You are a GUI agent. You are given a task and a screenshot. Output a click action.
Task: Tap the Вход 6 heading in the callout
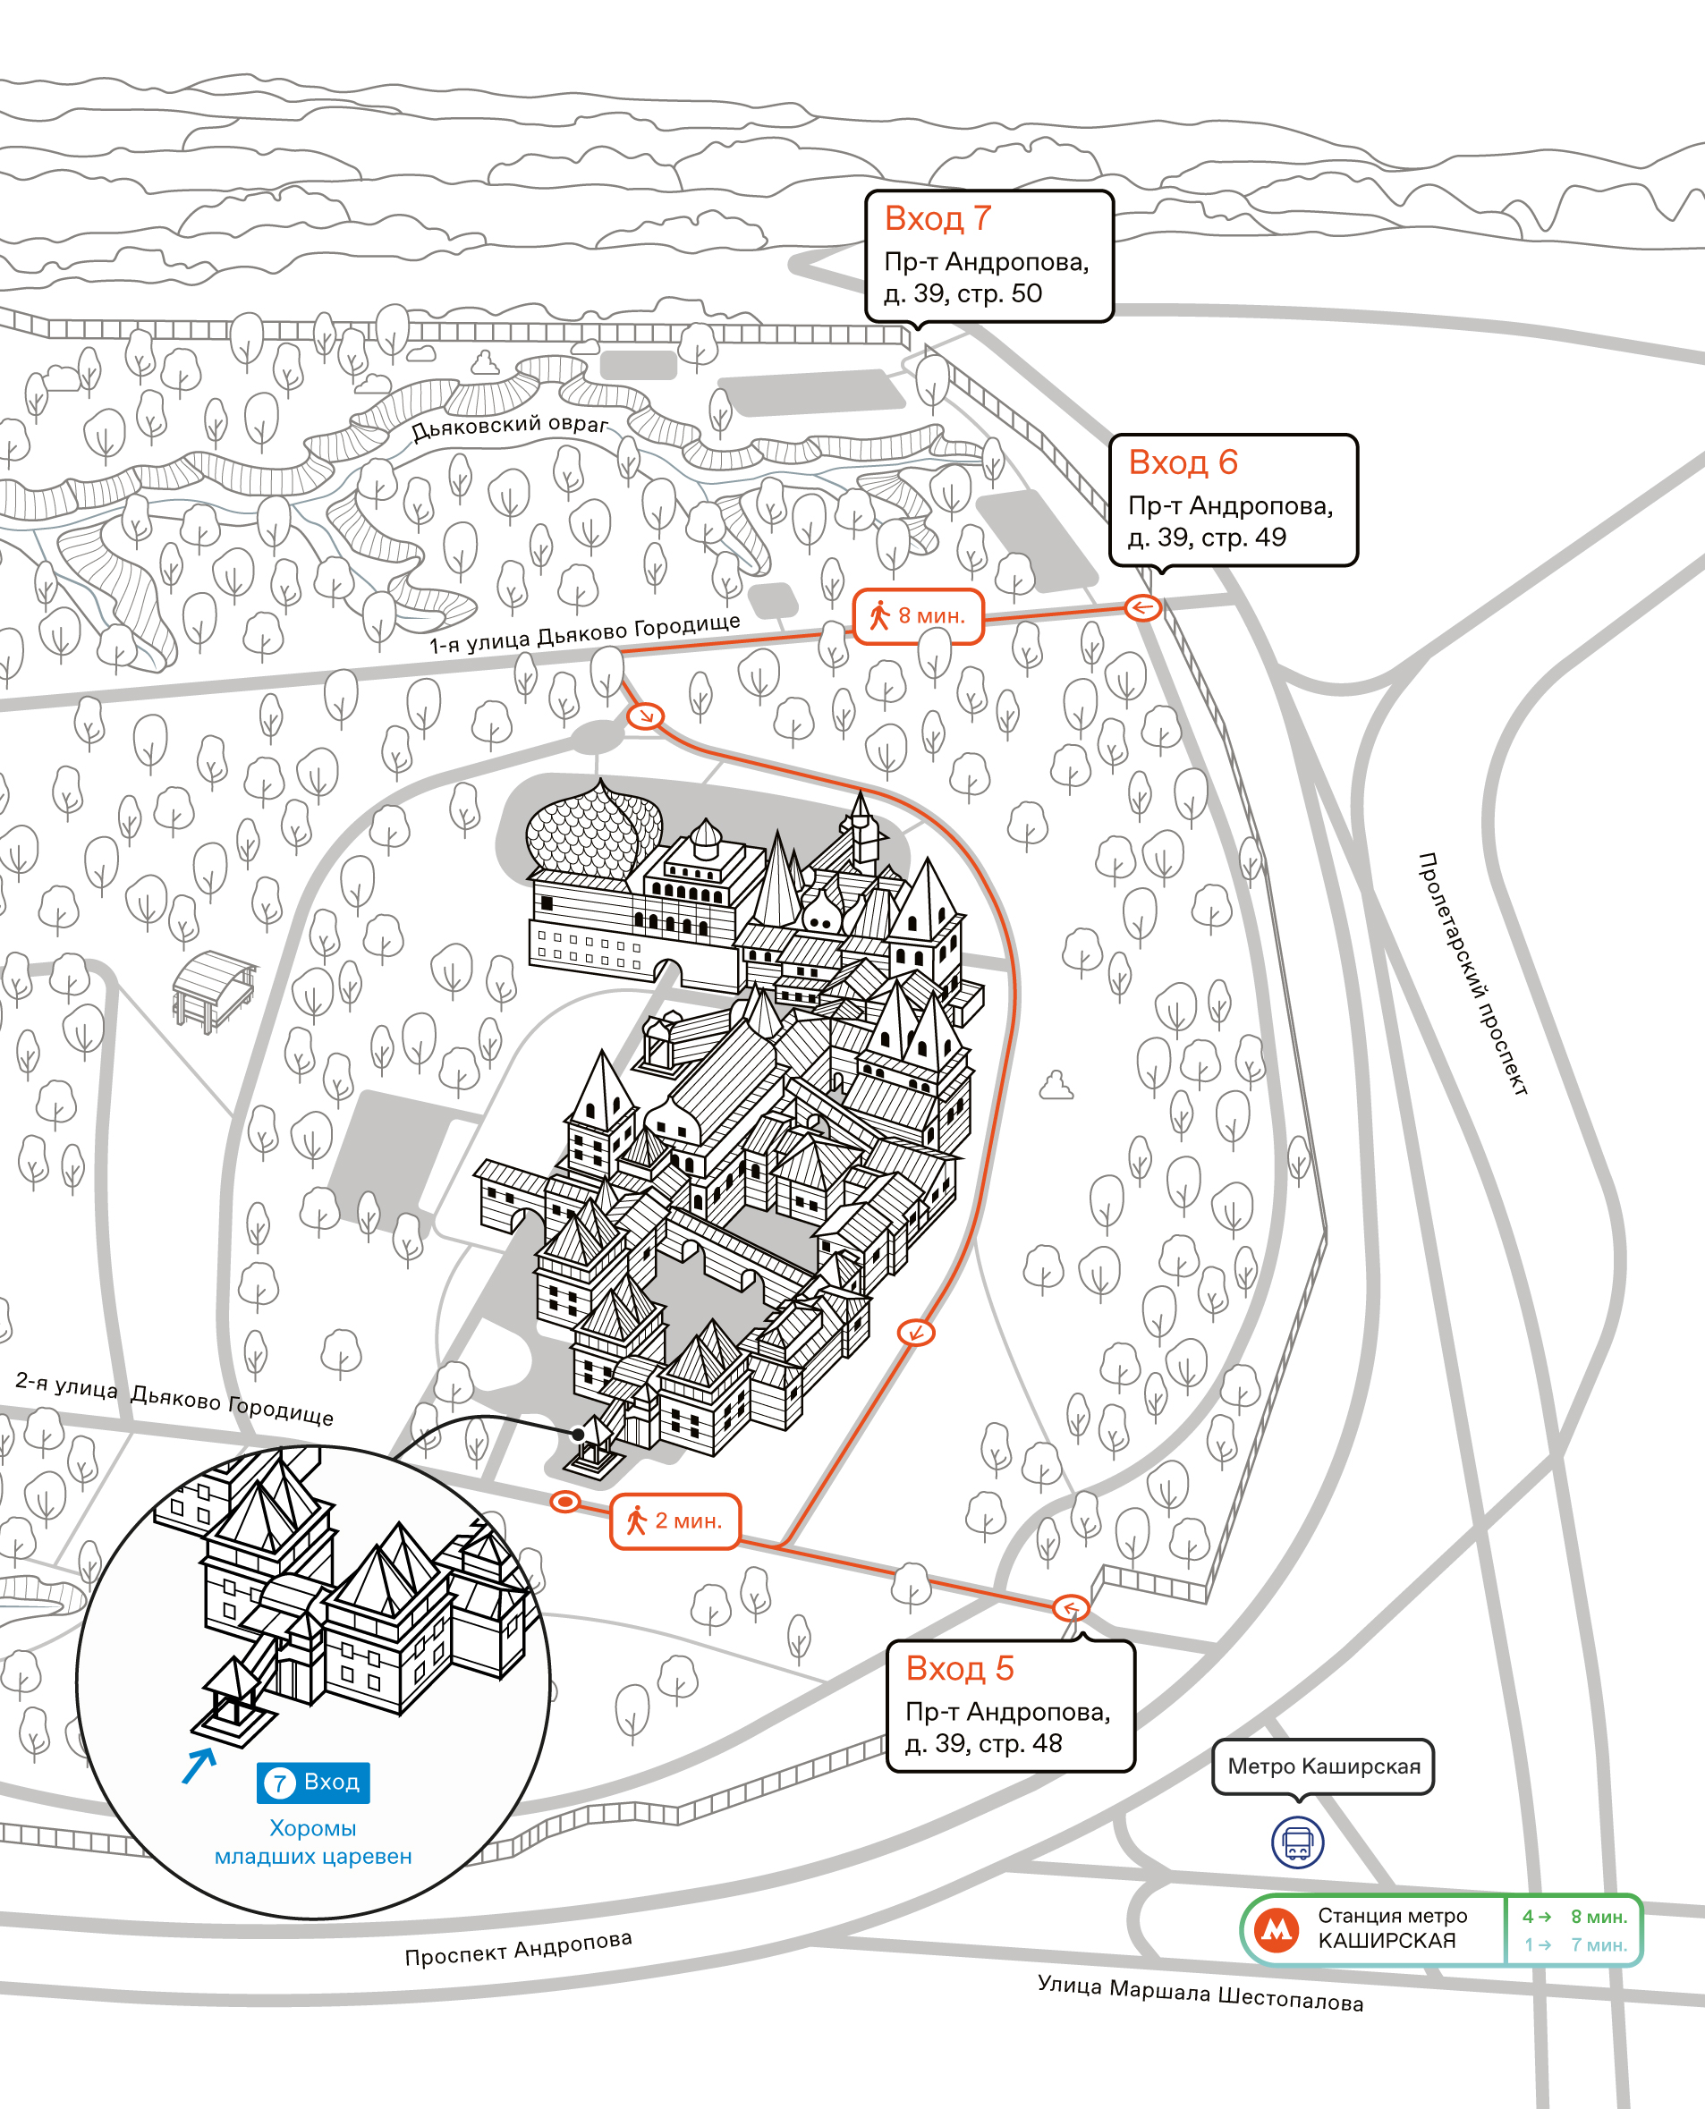[x=1183, y=462]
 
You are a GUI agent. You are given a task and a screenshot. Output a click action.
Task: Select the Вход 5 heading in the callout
[x=960, y=1667]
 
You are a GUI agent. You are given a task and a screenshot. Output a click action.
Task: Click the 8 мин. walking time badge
[x=917, y=615]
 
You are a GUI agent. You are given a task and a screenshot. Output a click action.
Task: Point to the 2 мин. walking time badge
[x=674, y=1520]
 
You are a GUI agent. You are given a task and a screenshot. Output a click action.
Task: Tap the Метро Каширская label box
[x=1323, y=1766]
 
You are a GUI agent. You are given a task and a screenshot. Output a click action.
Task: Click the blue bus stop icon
[x=1297, y=1842]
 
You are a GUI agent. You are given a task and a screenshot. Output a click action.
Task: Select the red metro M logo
[x=1277, y=1929]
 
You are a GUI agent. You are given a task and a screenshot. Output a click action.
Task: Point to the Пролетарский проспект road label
[x=1472, y=974]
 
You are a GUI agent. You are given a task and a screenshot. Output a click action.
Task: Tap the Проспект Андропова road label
[x=519, y=1948]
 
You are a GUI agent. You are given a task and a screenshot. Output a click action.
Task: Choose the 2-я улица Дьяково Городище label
[x=174, y=1398]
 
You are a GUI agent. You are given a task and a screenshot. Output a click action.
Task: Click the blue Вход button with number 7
[x=313, y=1782]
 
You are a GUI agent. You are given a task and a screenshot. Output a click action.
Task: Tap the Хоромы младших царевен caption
[x=313, y=1842]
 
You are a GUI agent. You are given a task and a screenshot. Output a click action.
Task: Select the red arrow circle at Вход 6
[x=1142, y=608]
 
